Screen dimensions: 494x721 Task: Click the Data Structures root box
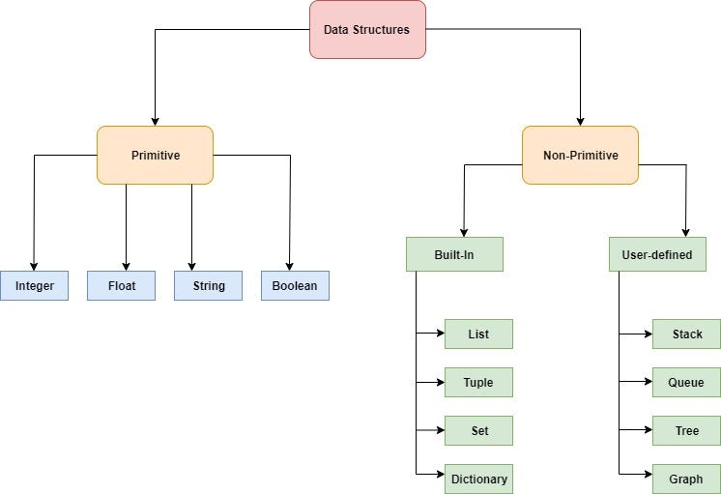(367, 30)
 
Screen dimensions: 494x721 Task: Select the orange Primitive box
(155, 155)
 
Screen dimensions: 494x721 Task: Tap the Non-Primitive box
(580, 155)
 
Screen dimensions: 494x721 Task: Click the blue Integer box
(34, 286)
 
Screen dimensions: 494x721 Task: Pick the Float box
(121, 286)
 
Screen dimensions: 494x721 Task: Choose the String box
(208, 286)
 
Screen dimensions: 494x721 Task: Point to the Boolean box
(295, 286)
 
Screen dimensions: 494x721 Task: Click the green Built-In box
(454, 254)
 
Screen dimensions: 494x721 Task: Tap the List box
(478, 334)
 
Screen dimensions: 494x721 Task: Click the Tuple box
(478, 383)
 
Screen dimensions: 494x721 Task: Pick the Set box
(478, 431)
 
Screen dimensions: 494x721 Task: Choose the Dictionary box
(478, 479)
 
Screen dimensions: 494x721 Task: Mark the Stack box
(686, 334)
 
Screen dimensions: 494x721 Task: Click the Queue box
(686, 383)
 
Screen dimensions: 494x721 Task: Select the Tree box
(686, 431)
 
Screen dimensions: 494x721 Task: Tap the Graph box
(686, 479)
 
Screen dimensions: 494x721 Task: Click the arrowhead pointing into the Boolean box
(290, 266)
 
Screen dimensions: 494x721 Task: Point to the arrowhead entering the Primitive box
(155, 121)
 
